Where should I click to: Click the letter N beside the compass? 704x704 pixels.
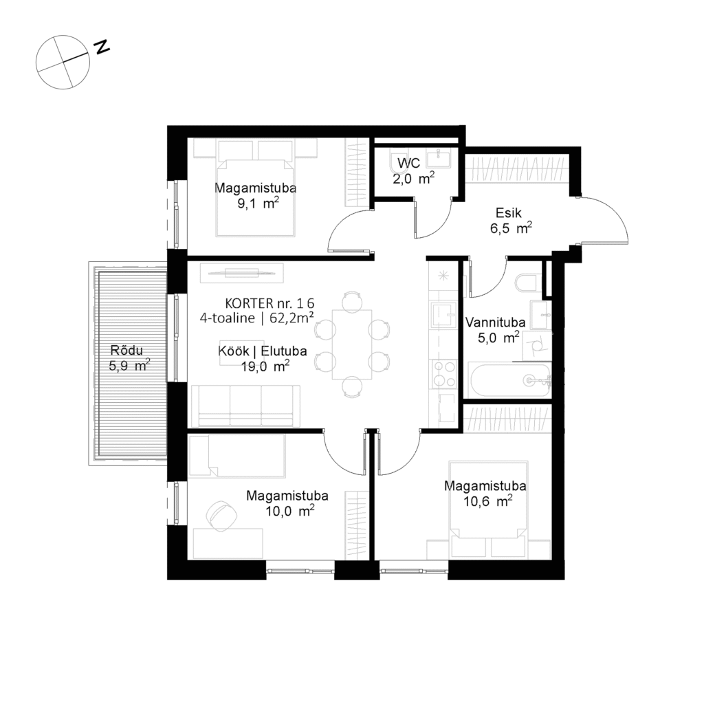102,47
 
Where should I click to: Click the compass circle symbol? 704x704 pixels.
63,63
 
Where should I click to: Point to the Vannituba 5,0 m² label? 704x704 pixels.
496,329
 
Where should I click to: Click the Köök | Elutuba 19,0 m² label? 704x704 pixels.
252,358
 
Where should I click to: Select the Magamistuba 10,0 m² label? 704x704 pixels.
287,503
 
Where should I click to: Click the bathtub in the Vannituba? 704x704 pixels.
509,380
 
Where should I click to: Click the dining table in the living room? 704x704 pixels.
351,344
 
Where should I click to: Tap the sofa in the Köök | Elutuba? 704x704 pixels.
245,406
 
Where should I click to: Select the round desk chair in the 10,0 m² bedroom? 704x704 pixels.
221,515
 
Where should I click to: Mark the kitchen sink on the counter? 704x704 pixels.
441,316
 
